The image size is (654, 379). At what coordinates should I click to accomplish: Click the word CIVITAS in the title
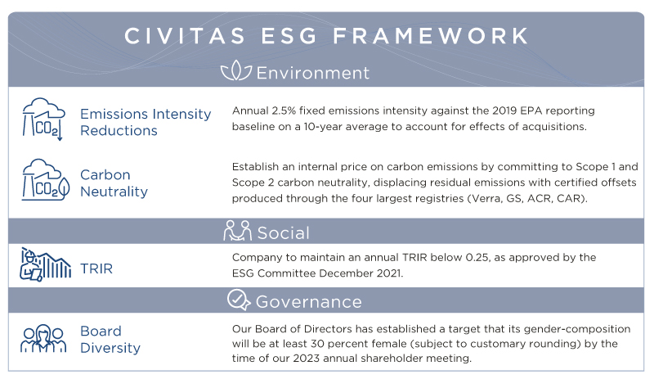(185, 36)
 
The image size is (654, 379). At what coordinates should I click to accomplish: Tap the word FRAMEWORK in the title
(431, 36)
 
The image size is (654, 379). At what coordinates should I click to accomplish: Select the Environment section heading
(313, 73)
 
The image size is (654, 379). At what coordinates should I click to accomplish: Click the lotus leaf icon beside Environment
(236, 70)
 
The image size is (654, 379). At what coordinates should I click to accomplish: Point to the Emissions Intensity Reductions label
(146, 122)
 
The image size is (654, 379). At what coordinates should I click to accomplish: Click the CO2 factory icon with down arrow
(43, 119)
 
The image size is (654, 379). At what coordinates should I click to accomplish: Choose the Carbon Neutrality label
(114, 183)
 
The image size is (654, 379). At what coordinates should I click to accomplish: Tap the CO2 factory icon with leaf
(45, 180)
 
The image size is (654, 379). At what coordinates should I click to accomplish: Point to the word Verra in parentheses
(485, 198)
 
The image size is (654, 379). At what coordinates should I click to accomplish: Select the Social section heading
(283, 232)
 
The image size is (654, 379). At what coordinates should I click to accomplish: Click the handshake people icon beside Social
(237, 231)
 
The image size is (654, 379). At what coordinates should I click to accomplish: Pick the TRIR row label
(96, 268)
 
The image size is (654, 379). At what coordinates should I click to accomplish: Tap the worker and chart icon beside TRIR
(45, 264)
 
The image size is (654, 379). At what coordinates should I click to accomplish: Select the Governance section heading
(309, 302)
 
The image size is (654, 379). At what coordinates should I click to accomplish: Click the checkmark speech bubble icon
(239, 300)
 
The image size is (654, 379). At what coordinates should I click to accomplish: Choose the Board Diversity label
(110, 340)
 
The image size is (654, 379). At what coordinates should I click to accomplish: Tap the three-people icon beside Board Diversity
(43, 339)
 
